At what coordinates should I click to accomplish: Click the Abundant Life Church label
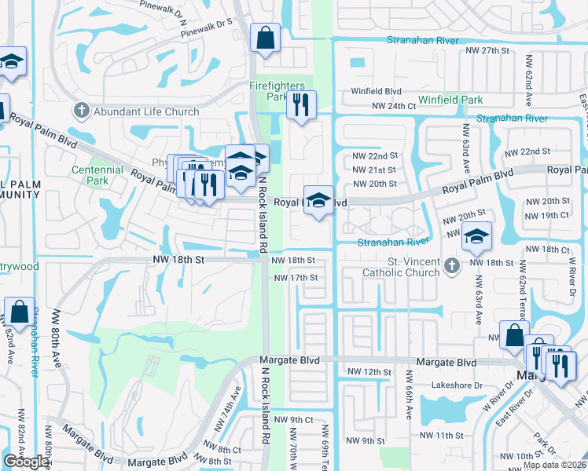tap(147, 111)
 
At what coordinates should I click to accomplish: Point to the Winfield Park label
tap(450, 100)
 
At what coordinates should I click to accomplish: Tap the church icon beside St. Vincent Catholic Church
tap(451, 267)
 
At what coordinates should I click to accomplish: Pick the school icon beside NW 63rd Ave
tap(476, 235)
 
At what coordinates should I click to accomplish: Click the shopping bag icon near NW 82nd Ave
tap(17, 312)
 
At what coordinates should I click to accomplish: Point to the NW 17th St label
tap(295, 278)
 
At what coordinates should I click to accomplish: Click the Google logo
tap(27, 462)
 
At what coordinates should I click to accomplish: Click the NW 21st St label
tap(373, 170)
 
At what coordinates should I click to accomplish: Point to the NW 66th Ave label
tap(410, 400)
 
